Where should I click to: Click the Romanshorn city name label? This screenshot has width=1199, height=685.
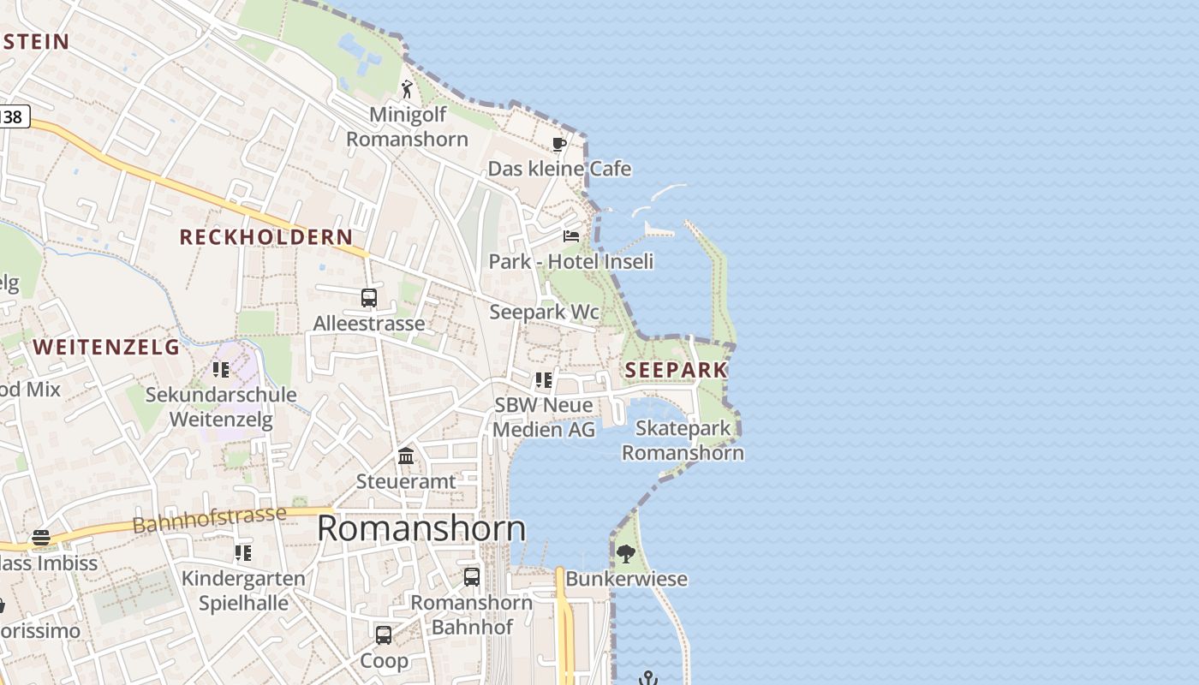point(421,528)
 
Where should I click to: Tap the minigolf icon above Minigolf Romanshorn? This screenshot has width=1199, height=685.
point(407,89)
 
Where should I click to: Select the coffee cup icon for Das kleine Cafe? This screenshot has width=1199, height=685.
point(559,144)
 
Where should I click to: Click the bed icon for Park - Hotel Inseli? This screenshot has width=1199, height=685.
point(571,235)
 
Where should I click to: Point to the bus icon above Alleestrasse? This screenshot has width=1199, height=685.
point(369,298)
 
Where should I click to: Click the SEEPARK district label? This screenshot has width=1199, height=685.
point(676,370)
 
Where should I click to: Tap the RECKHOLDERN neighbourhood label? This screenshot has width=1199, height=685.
point(265,237)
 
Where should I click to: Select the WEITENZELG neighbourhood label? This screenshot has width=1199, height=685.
point(107,347)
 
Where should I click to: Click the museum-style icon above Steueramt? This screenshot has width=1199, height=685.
point(406,456)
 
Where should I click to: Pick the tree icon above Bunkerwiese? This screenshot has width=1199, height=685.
point(626,553)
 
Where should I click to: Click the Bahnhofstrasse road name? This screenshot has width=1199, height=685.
point(210,520)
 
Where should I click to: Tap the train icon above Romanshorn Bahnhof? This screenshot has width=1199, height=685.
point(472,576)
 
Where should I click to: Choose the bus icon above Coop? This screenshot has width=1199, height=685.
point(384,635)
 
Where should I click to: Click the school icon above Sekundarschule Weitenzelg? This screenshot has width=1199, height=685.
point(221,369)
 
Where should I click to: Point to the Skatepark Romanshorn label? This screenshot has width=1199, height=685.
point(683,440)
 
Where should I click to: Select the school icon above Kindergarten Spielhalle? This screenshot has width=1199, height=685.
point(243,553)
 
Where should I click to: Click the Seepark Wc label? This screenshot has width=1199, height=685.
point(544,313)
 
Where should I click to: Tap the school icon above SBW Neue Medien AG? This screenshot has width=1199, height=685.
point(544,379)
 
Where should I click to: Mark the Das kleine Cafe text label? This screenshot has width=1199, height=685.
point(559,169)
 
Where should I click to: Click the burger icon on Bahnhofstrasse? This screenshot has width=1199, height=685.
point(41,538)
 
